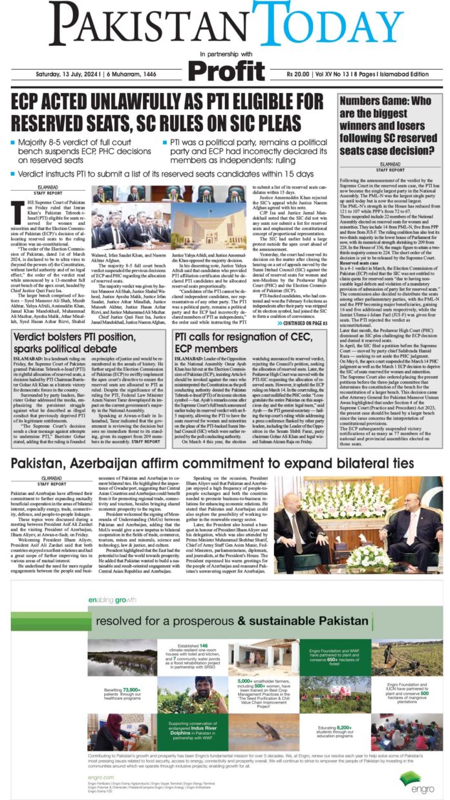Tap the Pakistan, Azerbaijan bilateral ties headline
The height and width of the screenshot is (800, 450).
[x=211, y=463]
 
